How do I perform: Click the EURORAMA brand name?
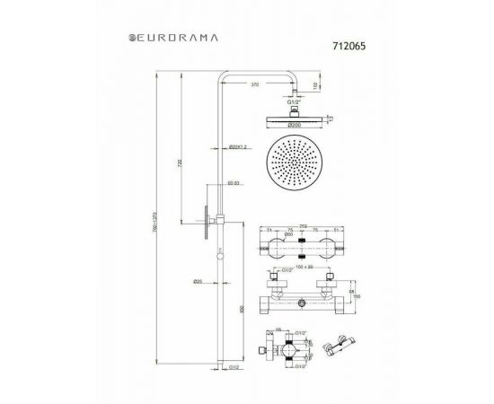[x=177, y=39]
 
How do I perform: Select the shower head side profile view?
[x=290, y=117]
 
